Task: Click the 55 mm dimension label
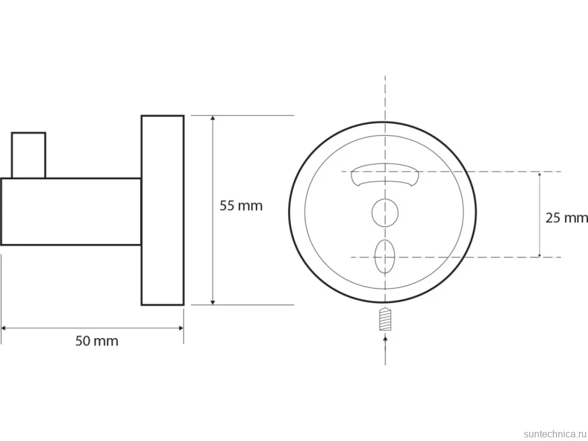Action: click(x=241, y=206)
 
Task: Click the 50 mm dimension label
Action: click(x=97, y=341)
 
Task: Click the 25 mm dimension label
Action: click(x=567, y=217)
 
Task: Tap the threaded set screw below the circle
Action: click(x=385, y=319)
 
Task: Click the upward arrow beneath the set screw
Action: click(x=385, y=350)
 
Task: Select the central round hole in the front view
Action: click(x=385, y=213)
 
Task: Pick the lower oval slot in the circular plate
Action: click(x=385, y=257)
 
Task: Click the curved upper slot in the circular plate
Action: click(x=385, y=174)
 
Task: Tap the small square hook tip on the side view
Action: click(x=28, y=155)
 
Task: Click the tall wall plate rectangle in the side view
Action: click(x=162, y=210)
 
